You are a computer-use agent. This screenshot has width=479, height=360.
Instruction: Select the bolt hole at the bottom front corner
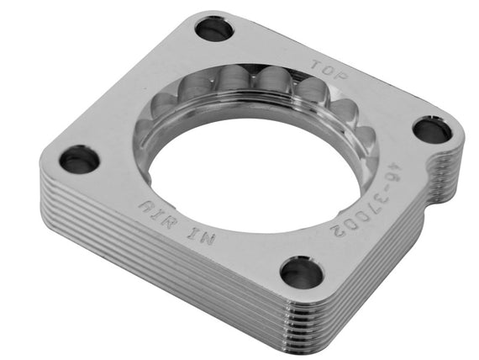coord(301,273)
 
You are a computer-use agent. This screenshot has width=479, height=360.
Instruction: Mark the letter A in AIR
coord(148,205)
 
